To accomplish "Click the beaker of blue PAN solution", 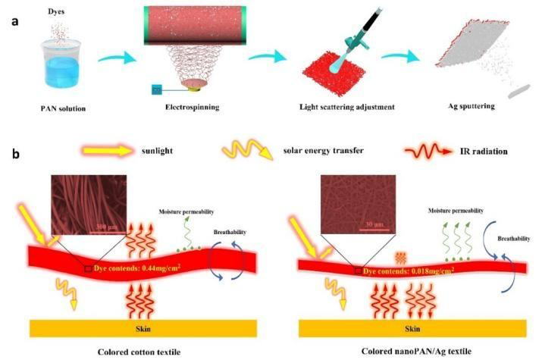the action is pos(61,63).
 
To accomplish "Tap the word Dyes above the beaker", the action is pos(56,11).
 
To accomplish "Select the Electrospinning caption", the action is pos(193,107).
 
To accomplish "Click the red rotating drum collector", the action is pos(195,25).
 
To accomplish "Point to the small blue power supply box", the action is pos(157,89).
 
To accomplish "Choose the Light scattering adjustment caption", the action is pos(346,107).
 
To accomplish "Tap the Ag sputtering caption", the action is pos(472,106).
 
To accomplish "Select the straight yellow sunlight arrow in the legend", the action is pos(107,151).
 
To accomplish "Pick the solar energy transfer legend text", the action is pos(323,151).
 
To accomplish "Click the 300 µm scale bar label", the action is pos(107,227).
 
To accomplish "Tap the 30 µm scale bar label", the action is pos(374,224).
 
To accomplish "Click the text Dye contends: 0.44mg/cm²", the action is pos(137,268).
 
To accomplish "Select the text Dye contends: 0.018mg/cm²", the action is pos(409,271).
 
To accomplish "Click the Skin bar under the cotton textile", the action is pos(143,328).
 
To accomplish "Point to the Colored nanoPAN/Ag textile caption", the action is pos(416,352).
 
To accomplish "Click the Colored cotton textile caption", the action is pos(139,352).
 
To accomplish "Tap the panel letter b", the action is pos(16,154).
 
